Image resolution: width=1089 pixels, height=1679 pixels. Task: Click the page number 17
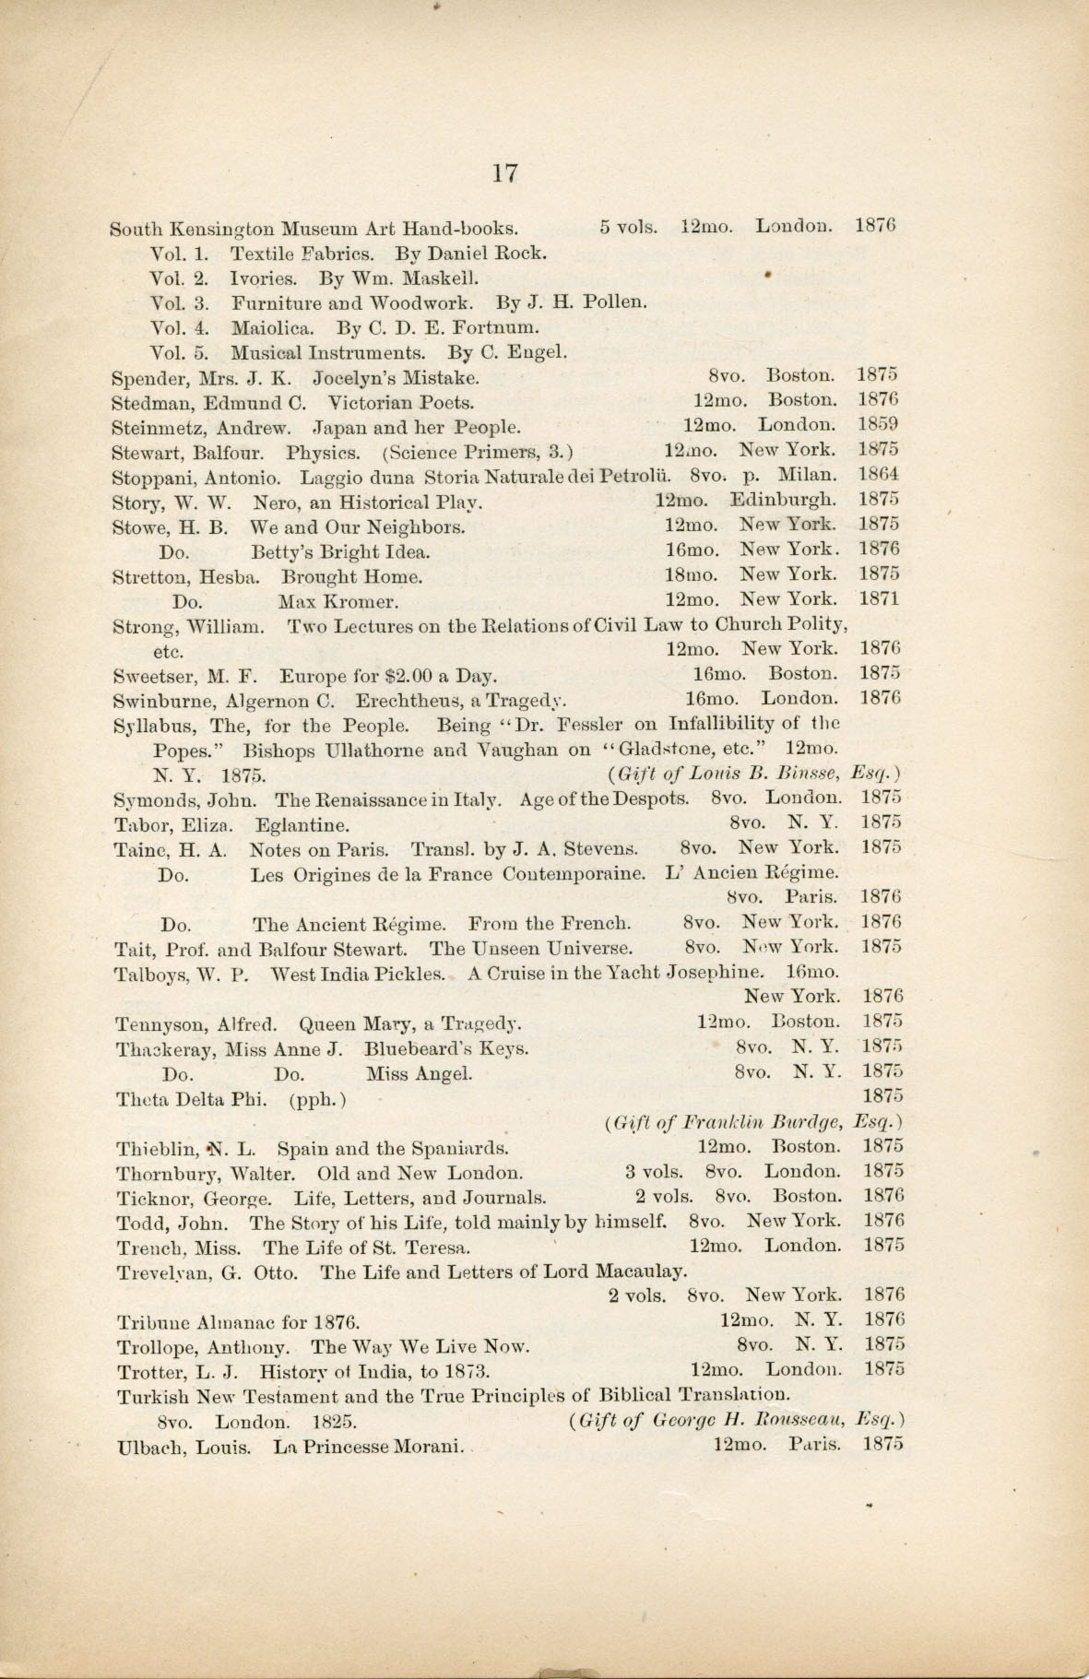point(504,172)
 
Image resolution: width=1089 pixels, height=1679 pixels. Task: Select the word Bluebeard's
point(410,1048)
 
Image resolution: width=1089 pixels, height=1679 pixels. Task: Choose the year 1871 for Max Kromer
point(879,598)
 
